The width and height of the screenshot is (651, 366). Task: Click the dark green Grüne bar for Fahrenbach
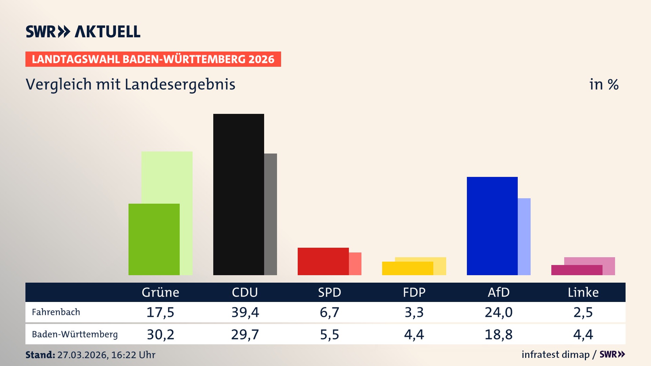click(x=154, y=239)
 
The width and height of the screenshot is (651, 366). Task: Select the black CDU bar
click(x=238, y=194)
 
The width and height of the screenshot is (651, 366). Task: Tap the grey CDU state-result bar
click(x=271, y=214)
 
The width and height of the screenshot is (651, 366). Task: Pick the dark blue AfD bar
click(x=492, y=226)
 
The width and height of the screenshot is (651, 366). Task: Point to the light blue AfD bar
click(x=524, y=237)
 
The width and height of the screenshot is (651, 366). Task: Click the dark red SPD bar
click(x=323, y=261)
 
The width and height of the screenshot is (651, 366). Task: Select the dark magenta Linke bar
click(x=576, y=270)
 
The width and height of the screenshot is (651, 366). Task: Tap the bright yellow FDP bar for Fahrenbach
click(x=407, y=268)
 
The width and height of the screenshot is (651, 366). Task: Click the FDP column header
click(x=414, y=292)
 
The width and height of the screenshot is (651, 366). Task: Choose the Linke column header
click(x=583, y=292)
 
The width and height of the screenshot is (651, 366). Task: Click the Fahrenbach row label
click(x=56, y=312)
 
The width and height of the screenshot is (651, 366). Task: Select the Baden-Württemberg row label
click(x=75, y=334)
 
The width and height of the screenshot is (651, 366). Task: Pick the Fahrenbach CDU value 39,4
click(x=245, y=312)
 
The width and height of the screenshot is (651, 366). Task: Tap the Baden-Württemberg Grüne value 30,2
click(x=160, y=334)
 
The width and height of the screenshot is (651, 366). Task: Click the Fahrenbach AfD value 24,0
click(x=498, y=312)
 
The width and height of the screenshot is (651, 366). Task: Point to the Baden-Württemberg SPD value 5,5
click(x=330, y=334)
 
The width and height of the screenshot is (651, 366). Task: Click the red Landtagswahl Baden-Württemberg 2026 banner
click(x=153, y=59)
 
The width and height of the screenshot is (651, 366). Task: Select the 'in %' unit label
click(x=604, y=84)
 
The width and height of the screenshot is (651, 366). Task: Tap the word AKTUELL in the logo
click(x=107, y=32)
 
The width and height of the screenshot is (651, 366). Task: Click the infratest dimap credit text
click(x=555, y=354)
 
